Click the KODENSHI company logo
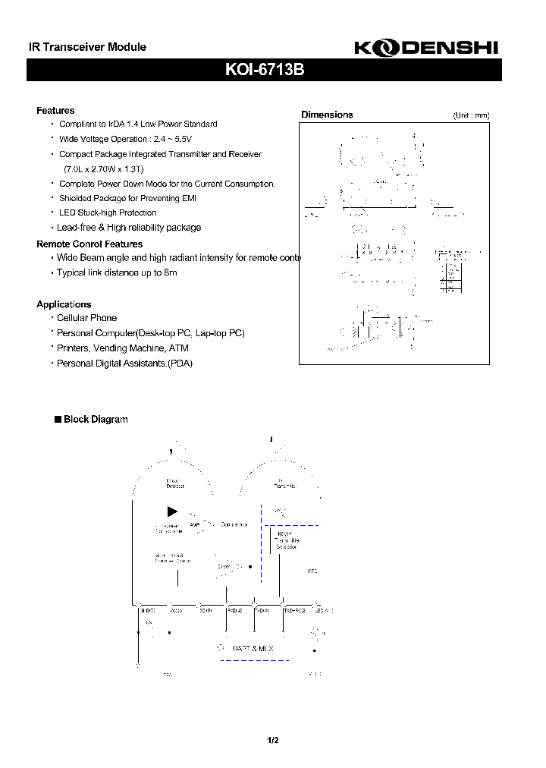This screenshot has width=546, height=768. (x=426, y=48)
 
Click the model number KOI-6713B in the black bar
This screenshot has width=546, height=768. (x=265, y=70)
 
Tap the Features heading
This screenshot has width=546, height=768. (x=55, y=111)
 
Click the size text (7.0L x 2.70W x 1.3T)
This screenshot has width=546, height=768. (x=104, y=168)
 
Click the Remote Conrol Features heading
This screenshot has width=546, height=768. (x=89, y=244)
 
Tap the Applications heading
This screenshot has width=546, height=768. (x=64, y=304)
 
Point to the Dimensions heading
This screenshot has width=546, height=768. (x=327, y=115)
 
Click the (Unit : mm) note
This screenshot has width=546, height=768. (x=472, y=115)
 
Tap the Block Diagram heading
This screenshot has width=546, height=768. (x=95, y=420)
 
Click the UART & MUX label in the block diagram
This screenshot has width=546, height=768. (x=253, y=648)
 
